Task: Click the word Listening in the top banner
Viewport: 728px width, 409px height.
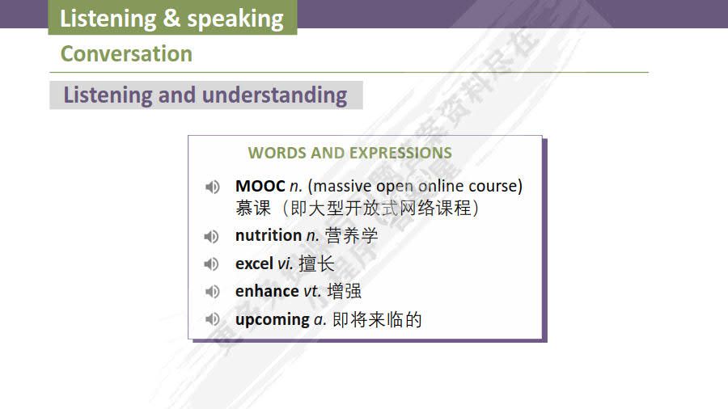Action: click(108, 19)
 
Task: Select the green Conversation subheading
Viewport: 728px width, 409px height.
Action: click(126, 54)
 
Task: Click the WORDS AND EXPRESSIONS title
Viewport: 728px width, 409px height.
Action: click(349, 153)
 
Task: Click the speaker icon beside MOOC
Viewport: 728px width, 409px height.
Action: click(212, 187)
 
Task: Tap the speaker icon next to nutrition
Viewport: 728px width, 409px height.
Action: click(212, 236)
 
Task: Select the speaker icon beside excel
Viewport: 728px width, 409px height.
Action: click(212, 264)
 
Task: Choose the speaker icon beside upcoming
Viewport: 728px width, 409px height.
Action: click(212, 319)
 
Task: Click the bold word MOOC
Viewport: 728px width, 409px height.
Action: click(260, 186)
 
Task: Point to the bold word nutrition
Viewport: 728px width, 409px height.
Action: click(268, 235)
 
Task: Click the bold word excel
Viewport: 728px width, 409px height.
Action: click(254, 264)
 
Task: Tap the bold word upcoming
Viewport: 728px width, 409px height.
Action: click(272, 319)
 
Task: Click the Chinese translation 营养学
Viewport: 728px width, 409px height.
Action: click(352, 235)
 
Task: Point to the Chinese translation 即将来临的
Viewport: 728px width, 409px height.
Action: click(378, 319)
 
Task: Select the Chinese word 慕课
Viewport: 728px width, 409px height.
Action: click(253, 208)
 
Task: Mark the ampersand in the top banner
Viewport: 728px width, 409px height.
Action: click(171, 19)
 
